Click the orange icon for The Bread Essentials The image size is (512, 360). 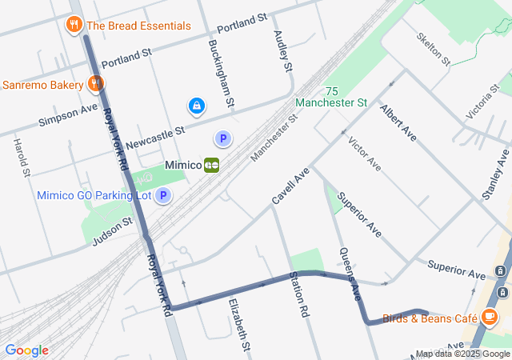coord(74,25)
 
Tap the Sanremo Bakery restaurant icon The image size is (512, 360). coord(95,84)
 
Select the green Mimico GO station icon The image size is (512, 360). coord(212,165)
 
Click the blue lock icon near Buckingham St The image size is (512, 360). coord(196,105)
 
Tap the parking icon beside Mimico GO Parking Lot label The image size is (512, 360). coord(163,195)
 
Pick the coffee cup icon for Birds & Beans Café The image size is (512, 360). coord(490,318)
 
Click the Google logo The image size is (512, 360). coord(26,350)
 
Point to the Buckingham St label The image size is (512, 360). coord(221,74)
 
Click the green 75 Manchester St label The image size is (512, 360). coord(331,97)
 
